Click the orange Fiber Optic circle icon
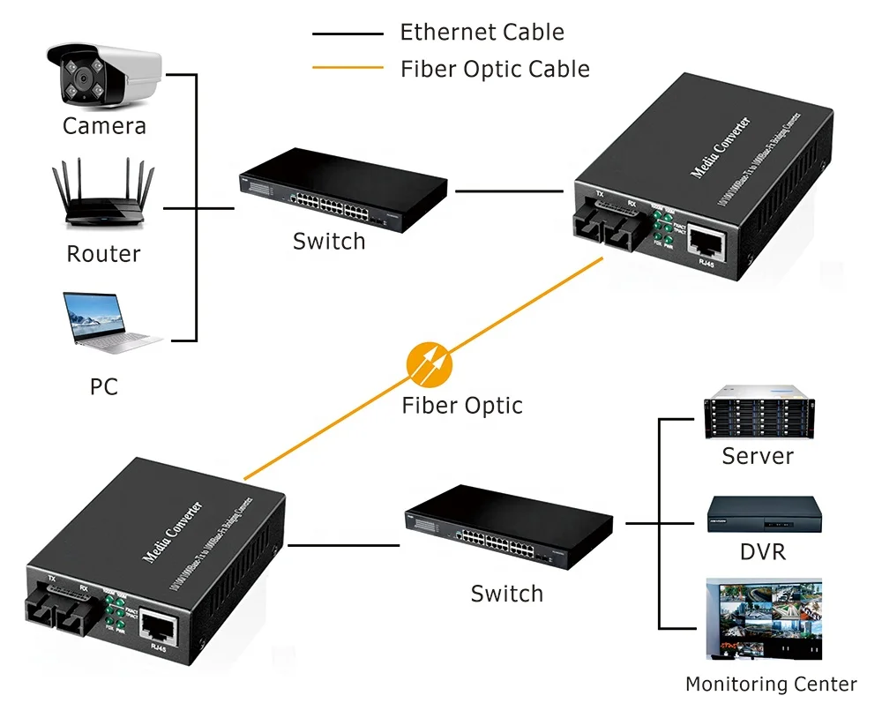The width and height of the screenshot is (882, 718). [429, 364]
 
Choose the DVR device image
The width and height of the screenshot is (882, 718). [764, 516]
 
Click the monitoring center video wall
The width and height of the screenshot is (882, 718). [764, 618]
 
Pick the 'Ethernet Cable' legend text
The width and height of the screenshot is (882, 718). [482, 33]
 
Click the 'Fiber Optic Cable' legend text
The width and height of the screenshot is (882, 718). [495, 69]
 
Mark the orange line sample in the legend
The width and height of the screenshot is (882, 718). [348, 68]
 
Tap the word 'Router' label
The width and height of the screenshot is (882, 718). [103, 254]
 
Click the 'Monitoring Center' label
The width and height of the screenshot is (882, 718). [770, 684]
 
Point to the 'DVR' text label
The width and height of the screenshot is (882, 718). [763, 552]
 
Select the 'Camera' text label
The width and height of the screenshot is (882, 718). [104, 126]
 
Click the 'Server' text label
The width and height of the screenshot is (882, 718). [758, 456]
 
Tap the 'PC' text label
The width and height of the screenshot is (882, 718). [103, 386]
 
